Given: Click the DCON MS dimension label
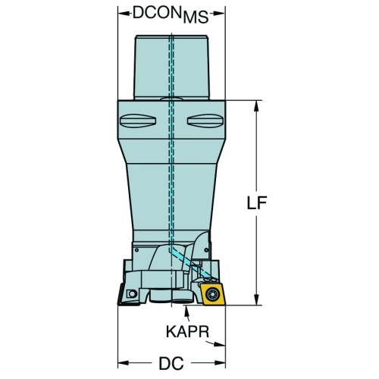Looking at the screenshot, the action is [171, 14].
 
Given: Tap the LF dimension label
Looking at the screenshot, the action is [257, 202].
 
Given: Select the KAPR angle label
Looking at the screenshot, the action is [187, 331].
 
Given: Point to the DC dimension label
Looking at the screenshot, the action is [171, 364].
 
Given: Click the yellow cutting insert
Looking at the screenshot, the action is [212, 294].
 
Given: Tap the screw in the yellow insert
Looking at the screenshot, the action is [211, 294].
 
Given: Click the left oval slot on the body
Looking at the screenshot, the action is [138, 121].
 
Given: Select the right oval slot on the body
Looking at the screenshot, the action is [205, 121].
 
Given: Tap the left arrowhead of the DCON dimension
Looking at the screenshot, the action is [124, 14].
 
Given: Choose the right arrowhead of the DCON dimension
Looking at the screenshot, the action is [219, 14].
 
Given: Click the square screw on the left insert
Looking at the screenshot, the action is [132, 294].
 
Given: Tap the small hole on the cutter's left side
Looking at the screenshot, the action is [136, 250].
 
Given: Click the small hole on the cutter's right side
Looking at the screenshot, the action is [206, 250].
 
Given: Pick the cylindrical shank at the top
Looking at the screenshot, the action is [171, 67].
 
